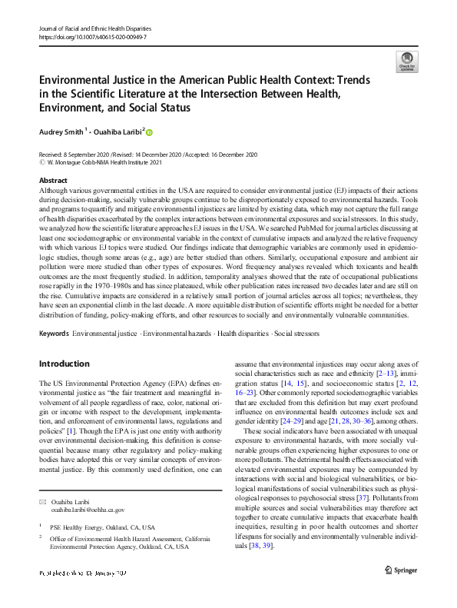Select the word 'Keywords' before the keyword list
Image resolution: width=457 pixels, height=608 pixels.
point(54,334)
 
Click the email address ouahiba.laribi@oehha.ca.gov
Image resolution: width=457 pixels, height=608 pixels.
point(88,509)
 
